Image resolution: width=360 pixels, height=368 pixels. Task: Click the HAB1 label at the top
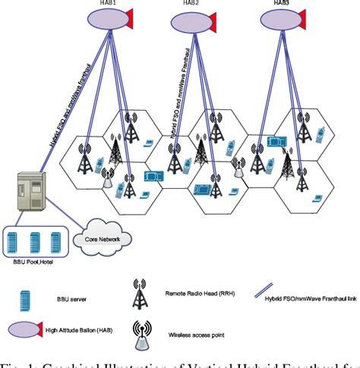pyautogui.click(x=109, y=3)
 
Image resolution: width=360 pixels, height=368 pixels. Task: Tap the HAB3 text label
pyautogui.click(x=282, y=3)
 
